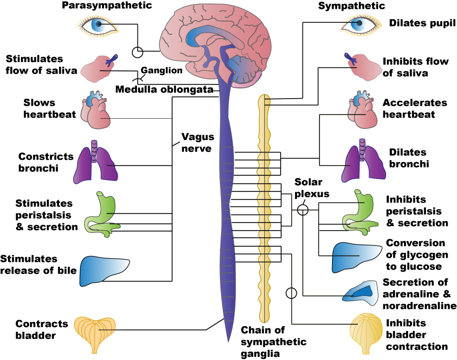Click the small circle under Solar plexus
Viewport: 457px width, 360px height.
click(x=303, y=208)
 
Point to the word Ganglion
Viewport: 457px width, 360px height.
click(x=162, y=70)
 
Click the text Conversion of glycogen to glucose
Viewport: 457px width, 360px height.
click(x=415, y=255)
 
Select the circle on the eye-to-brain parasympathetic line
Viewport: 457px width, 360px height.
click(x=138, y=52)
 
